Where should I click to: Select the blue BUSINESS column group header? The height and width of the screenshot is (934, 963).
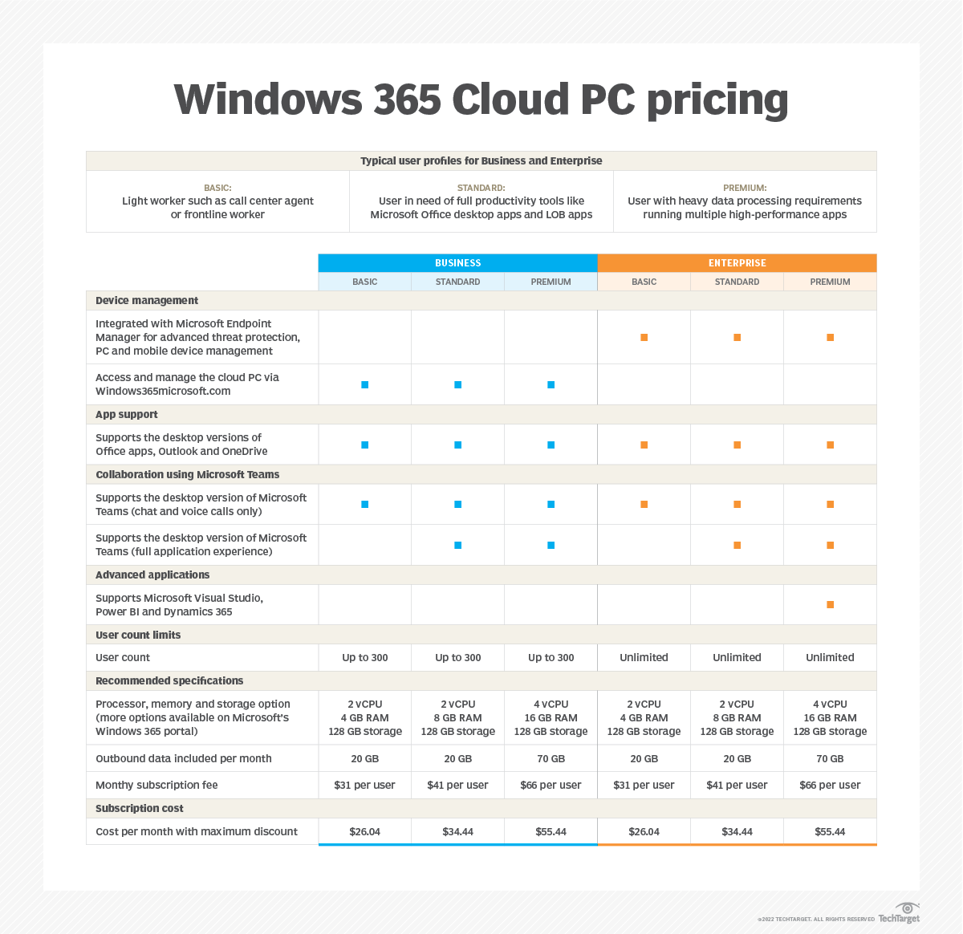pos(457,263)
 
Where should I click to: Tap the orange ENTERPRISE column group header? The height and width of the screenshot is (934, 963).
pos(737,263)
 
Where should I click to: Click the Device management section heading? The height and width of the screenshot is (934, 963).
pos(147,300)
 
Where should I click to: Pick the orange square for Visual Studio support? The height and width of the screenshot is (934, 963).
pos(830,605)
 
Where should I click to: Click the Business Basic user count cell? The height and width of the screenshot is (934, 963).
pos(365,657)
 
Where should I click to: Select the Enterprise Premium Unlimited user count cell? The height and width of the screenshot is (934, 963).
pos(830,657)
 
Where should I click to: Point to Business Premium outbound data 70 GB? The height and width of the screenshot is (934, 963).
pos(551,758)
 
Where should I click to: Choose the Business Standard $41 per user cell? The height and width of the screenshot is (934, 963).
pos(457,785)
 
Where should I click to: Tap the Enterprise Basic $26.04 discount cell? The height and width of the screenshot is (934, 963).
pos(644,831)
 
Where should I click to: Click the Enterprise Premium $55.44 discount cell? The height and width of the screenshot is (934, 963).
pos(830,831)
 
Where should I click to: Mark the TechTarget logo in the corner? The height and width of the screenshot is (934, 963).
pos(900,914)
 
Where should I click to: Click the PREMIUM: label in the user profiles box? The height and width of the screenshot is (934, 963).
pos(745,188)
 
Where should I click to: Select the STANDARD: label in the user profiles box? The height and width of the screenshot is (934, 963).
pos(481,188)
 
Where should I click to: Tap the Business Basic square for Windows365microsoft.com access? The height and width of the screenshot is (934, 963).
pos(365,385)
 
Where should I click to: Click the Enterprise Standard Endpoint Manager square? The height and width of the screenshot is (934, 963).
pos(737,338)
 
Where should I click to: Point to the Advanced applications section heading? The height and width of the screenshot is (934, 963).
pos(152,575)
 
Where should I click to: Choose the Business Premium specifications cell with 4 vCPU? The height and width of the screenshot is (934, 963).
pos(551,717)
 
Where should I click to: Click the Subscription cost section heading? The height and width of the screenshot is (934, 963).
pos(140,808)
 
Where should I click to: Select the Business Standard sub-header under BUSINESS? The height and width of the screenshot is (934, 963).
pos(457,282)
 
